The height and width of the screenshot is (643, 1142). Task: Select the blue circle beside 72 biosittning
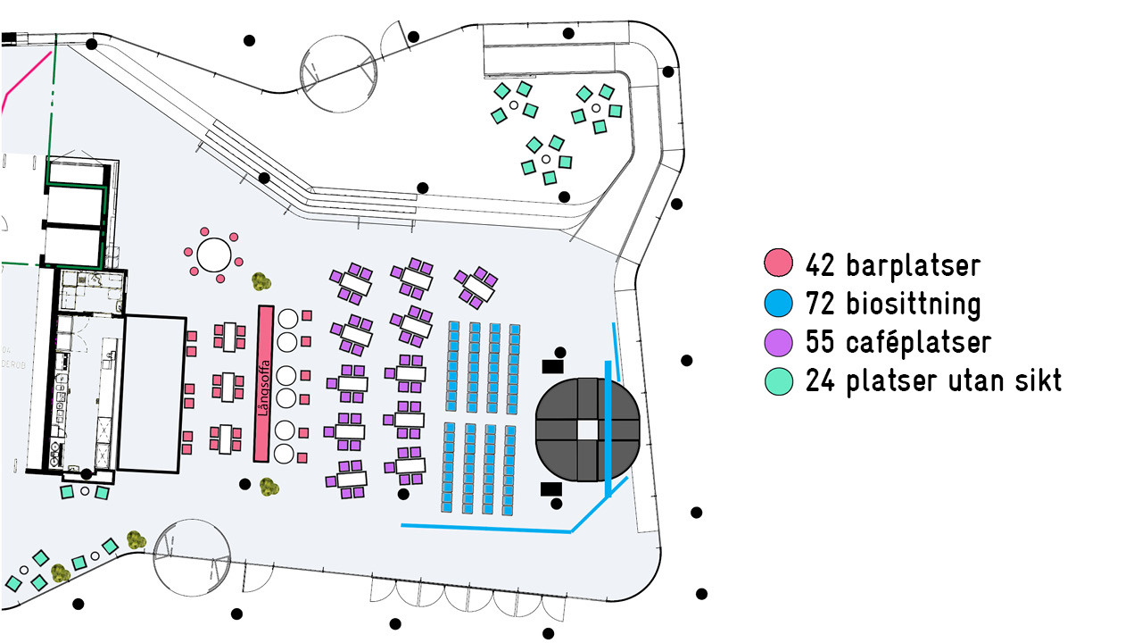tap(779, 303)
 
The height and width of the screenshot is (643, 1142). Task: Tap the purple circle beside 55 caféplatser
tap(779, 342)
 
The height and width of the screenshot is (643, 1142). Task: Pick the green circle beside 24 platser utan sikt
tap(779, 381)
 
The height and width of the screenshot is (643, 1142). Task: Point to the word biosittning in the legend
tap(909, 305)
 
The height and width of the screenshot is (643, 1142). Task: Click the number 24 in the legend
tap(821, 381)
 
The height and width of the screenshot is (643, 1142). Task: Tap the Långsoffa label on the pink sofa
tap(264, 383)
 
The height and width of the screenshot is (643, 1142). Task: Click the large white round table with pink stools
tap(214, 255)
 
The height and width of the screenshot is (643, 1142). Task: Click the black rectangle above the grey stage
tap(552, 365)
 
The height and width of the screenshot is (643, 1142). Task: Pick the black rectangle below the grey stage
tap(551, 488)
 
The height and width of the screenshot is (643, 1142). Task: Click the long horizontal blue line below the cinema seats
tap(486, 528)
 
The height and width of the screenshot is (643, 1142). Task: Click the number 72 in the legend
tap(821, 305)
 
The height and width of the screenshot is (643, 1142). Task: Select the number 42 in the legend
tap(821, 265)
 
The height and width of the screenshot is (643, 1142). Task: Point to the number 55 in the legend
tap(821, 343)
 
